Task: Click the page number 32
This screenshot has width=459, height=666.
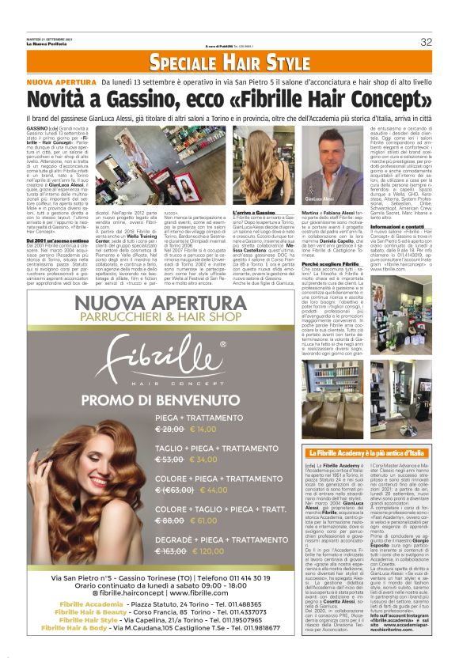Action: point(426,41)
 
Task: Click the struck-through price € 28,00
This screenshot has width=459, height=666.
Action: point(171,428)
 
